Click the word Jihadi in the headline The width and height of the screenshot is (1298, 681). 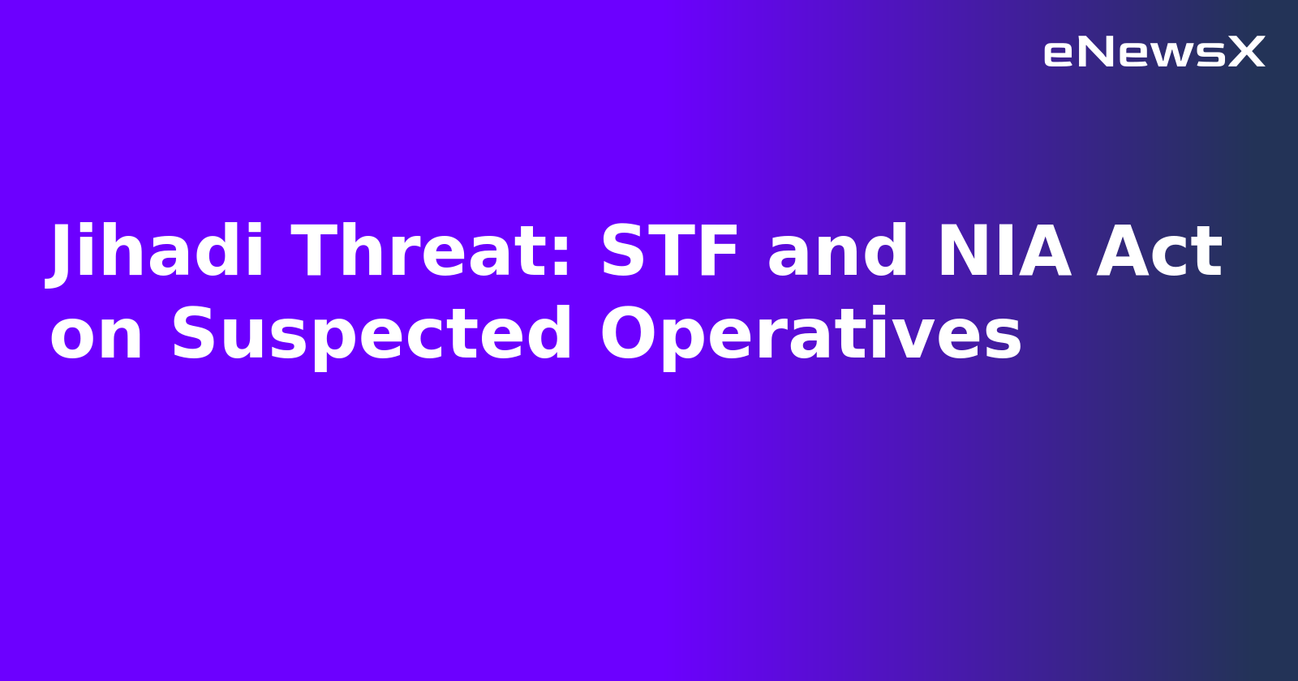tap(157, 252)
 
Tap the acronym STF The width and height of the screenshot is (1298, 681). tap(670, 252)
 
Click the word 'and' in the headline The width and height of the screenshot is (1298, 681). tap(838, 252)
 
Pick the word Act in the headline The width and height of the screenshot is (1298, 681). tap(1159, 252)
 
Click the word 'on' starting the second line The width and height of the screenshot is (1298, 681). tap(97, 336)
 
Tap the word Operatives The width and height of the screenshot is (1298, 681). tap(810, 336)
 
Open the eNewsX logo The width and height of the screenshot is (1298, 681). tap(1154, 53)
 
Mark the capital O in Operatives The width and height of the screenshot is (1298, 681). tap(628, 334)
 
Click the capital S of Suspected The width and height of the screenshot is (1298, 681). tap(193, 334)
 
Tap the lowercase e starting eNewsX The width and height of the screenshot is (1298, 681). tap(1059, 54)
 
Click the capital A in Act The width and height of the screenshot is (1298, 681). tap(1124, 252)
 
